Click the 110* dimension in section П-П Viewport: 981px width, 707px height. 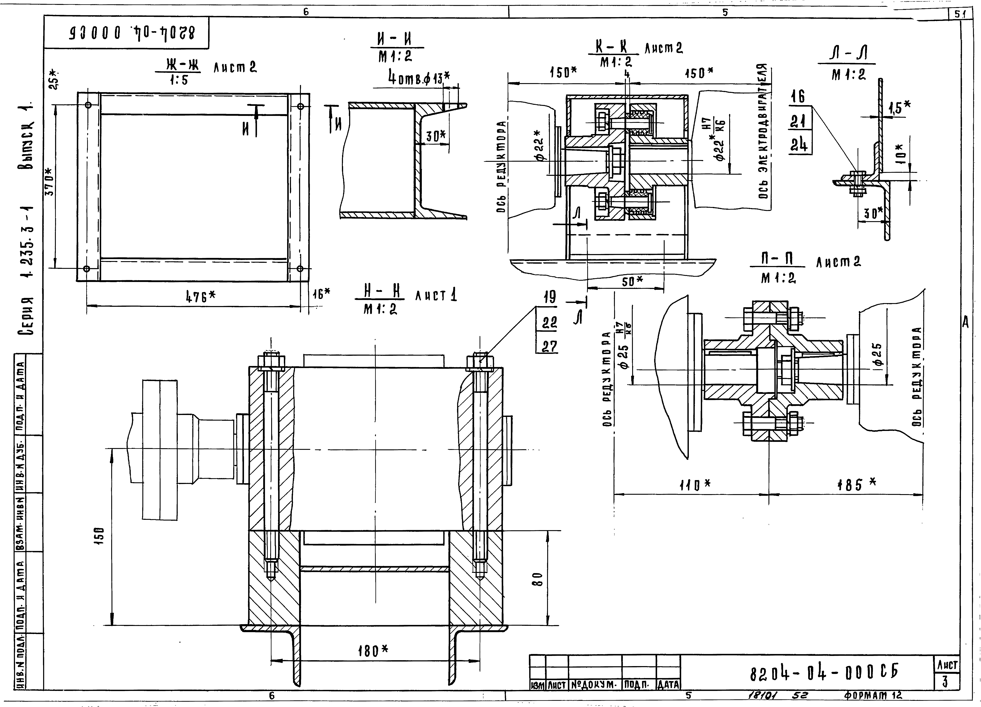(x=694, y=485)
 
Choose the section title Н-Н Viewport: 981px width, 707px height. (x=379, y=292)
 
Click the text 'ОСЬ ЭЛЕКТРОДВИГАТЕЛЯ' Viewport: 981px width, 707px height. (x=764, y=132)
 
